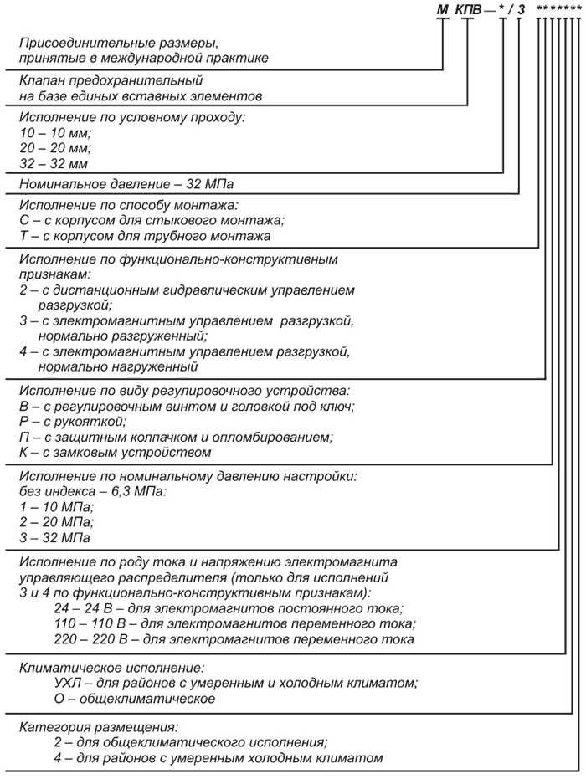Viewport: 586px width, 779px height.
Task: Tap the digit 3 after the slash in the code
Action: click(x=519, y=10)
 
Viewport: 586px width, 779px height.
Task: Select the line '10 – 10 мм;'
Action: click(x=54, y=132)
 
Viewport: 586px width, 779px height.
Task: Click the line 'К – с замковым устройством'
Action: click(x=114, y=452)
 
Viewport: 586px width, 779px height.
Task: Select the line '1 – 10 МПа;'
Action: click(x=56, y=506)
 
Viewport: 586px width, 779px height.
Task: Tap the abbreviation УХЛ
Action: click(x=68, y=683)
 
